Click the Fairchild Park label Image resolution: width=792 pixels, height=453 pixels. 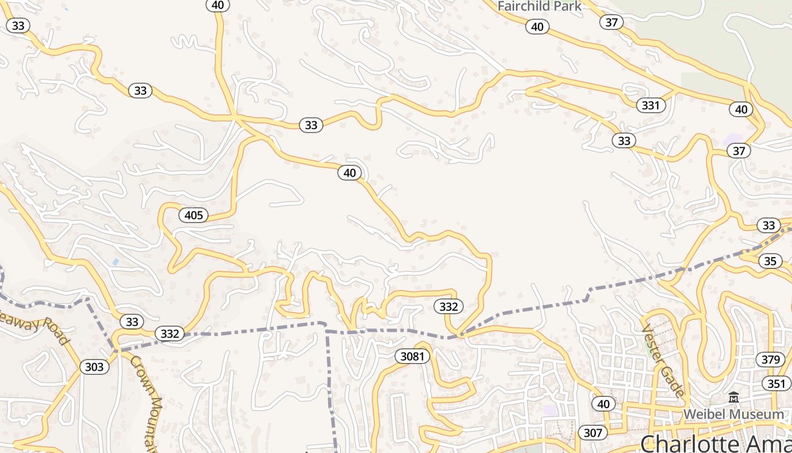(x=539, y=7)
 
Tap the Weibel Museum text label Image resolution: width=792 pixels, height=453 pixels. (x=734, y=414)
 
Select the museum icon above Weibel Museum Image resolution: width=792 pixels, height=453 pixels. (x=734, y=398)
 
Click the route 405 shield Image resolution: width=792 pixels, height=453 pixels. (x=193, y=215)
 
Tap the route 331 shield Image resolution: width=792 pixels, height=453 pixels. (x=651, y=105)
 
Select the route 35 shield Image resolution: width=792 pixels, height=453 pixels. (x=770, y=261)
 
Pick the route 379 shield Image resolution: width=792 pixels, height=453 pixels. (x=771, y=359)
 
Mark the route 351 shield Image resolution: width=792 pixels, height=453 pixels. (x=777, y=383)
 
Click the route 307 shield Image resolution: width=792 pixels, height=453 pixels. (x=592, y=433)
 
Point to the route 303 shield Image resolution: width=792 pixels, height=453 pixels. (x=94, y=367)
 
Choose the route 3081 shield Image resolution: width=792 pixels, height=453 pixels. (x=412, y=356)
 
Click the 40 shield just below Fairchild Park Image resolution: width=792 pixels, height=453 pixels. (x=537, y=27)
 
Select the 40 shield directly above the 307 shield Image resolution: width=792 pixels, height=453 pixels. (x=604, y=404)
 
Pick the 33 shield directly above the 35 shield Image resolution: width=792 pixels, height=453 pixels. (x=768, y=225)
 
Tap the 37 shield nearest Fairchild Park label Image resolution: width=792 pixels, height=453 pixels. (x=611, y=22)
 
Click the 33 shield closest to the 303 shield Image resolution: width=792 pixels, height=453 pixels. (x=132, y=322)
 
